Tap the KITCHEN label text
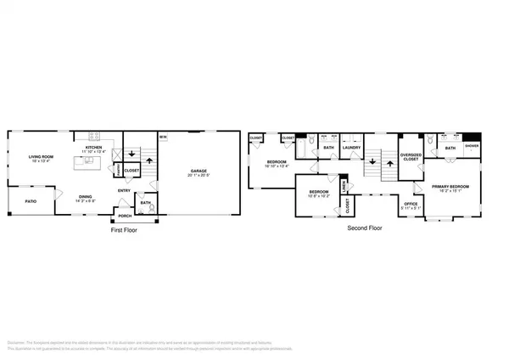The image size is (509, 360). [93, 148]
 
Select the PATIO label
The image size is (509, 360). [31, 201]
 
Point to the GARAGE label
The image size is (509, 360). [199, 171]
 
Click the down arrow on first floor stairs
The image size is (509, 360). [131, 155]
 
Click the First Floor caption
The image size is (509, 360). [124, 229]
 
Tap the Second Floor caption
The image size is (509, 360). [365, 228]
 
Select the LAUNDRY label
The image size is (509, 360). [352, 148]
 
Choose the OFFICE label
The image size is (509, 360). [411, 204]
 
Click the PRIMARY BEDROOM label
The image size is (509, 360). [451, 186]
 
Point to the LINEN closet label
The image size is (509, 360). [343, 186]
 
